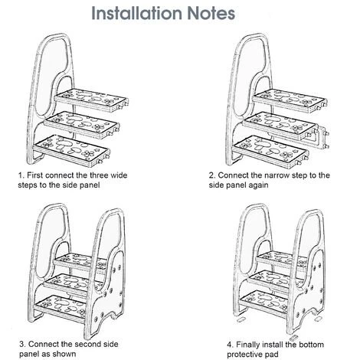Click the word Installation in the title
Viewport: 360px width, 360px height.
tap(137, 13)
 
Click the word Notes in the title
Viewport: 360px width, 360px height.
tap(211, 13)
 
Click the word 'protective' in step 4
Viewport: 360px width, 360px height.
tap(245, 355)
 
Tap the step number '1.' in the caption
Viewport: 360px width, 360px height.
tap(21, 175)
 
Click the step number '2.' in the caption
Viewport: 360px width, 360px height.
tap(212, 175)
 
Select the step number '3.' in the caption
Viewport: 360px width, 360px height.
tap(23, 344)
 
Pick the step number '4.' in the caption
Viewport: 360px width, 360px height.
tap(231, 345)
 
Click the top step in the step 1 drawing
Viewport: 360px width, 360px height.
tap(91, 100)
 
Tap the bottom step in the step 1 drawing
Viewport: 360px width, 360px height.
tap(71, 150)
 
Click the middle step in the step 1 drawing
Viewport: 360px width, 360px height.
tap(81, 125)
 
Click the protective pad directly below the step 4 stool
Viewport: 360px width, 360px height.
tap(294, 338)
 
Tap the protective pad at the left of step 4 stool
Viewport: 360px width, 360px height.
tap(241, 319)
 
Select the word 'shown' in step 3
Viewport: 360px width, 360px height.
tap(64, 354)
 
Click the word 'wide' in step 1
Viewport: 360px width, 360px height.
tap(119, 175)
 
